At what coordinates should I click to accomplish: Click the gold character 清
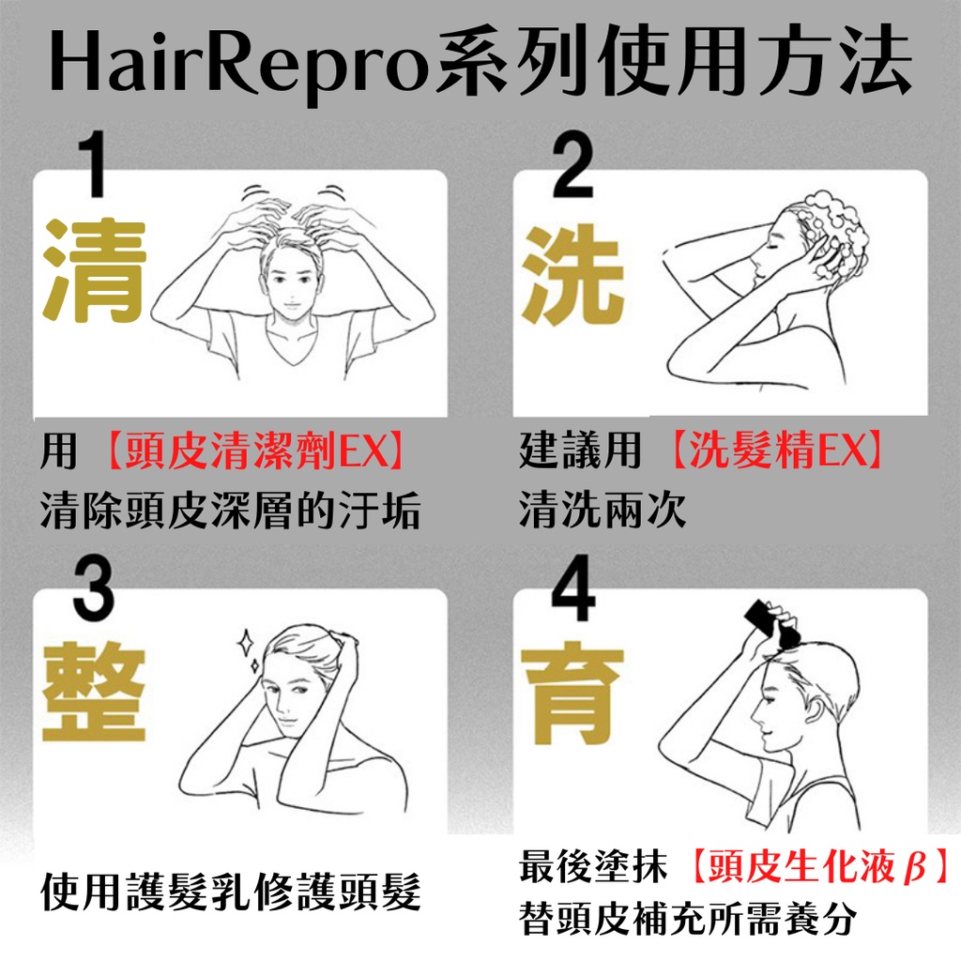coord(94,271)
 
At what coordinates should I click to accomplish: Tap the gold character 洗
coord(573,274)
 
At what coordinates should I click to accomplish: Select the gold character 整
coord(94,692)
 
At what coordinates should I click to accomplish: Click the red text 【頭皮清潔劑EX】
coord(254,450)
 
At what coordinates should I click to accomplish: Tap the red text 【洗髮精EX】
coord(776,450)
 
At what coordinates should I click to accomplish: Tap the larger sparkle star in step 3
coord(246,643)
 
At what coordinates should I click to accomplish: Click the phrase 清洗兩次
coord(603,510)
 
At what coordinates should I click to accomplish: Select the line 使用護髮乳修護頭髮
coord(231,892)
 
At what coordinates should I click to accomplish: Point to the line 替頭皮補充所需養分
coord(687,920)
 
